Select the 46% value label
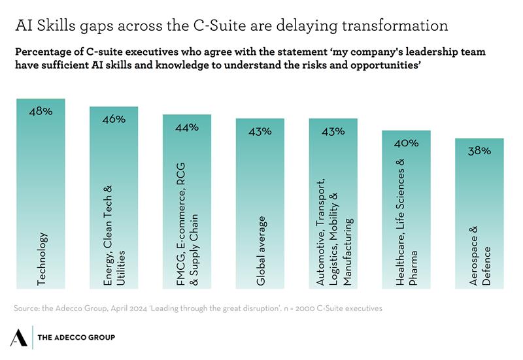[x=114, y=120]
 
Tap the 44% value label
[x=187, y=127]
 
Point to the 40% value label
[x=406, y=143]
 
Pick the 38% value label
[x=479, y=151]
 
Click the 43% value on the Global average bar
[x=260, y=131]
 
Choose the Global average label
[x=260, y=250]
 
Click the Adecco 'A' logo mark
[x=19, y=336]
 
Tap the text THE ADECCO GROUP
[x=77, y=337]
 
